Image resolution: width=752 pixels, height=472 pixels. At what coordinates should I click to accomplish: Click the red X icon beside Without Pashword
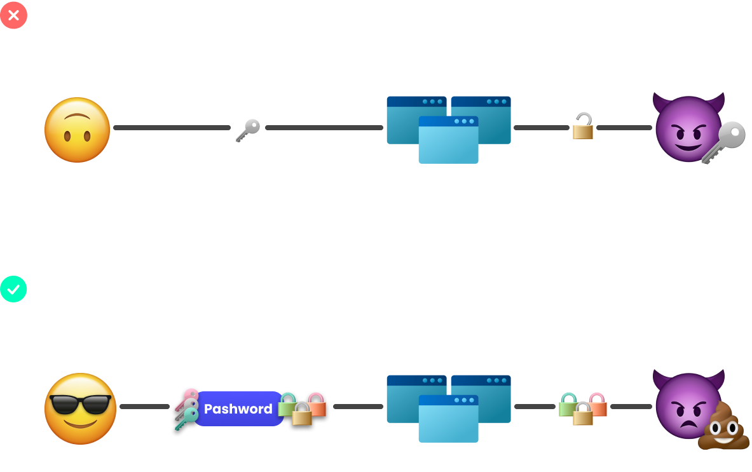tap(13, 15)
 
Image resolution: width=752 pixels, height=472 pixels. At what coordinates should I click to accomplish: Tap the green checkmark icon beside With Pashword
tap(13, 289)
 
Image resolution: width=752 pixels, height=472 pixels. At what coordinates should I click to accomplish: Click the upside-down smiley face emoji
tap(77, 130)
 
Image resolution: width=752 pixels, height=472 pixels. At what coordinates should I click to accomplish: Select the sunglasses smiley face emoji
tap(80, 408)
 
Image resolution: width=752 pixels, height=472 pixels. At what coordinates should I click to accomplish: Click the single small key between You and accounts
tap(248, 130)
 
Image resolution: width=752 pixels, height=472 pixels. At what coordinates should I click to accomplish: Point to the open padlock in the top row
tap(583, 126)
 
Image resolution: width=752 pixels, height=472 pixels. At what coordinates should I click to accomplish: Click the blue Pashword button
tap(238, 408)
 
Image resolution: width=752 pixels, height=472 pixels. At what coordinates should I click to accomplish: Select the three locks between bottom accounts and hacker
tap(582, 408)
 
